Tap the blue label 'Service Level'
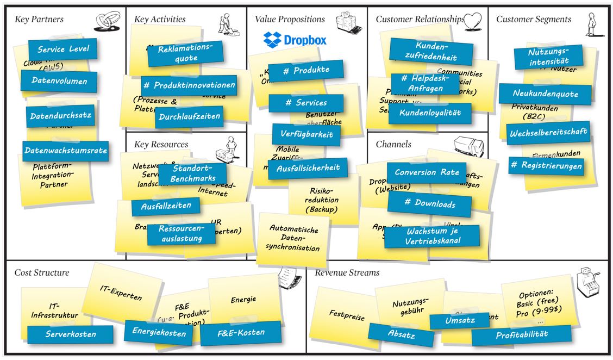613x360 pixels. [63, 49]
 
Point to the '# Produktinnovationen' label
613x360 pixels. [189, 85]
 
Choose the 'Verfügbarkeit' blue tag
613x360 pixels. [306, 135]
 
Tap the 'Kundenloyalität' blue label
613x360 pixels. [430, 113]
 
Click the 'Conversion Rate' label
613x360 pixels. [427, 172]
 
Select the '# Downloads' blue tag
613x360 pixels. [429, 203]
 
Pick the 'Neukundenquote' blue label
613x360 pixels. [537, 94]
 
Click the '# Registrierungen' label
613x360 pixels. [546, 165]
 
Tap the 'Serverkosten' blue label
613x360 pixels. [71, 334]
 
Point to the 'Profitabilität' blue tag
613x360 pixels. [521, 335]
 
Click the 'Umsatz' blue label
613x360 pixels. [460, 321]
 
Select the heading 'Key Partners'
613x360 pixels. [39, 20]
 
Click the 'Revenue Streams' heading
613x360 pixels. [347, 273]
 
